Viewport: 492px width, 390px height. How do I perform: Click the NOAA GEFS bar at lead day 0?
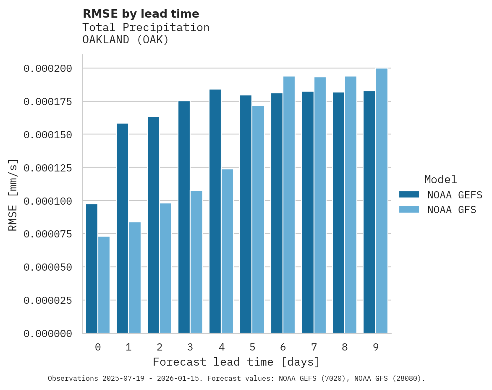(92, 269)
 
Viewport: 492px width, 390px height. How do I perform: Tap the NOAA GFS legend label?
(452, 210)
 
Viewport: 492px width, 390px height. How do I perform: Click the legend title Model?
(440, 180)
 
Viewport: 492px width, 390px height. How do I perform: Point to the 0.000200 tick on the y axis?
(48, 69)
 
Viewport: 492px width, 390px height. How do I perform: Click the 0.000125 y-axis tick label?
(48, 168)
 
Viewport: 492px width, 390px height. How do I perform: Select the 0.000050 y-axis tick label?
(48, 267)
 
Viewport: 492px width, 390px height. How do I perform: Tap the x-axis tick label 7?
(314, 348)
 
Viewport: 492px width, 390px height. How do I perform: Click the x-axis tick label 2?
(160, 348)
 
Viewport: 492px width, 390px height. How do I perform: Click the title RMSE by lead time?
(141, 14)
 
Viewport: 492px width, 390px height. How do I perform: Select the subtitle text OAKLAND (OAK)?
(125, 40)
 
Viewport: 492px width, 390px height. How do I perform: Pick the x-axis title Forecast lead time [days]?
(236, 362)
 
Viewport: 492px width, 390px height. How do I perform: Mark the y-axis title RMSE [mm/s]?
(13, 195)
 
